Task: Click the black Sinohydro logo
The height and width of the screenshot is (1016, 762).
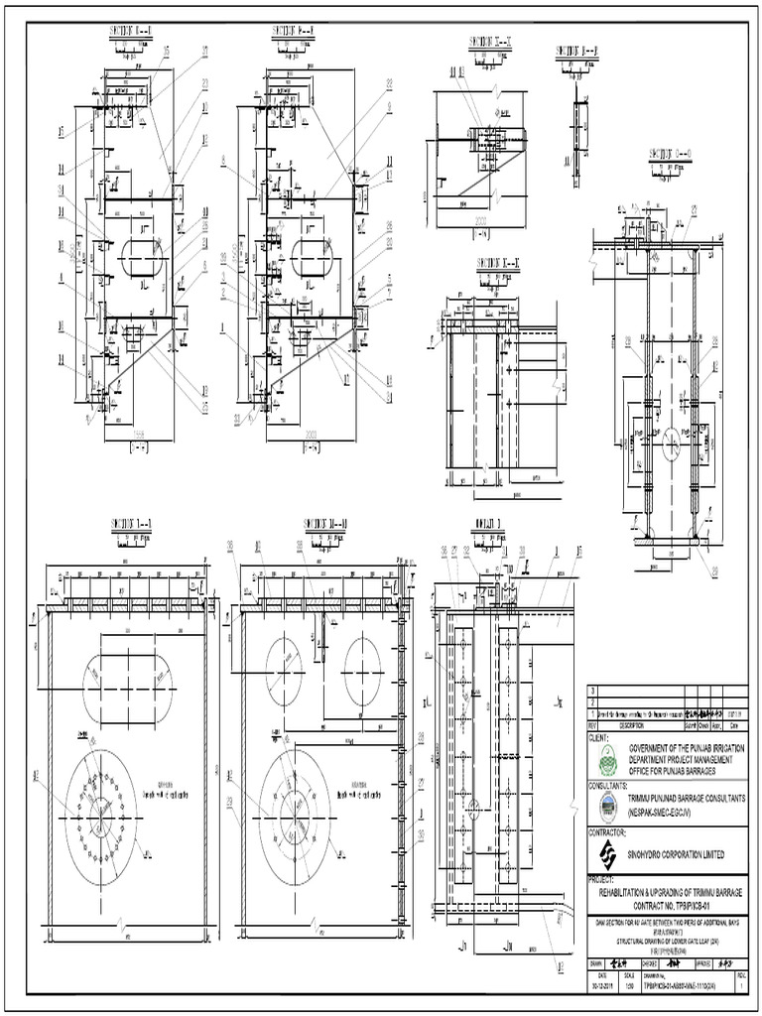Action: tap(605, 854)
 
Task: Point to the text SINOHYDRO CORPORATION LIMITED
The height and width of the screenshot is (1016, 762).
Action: tap(676, 855)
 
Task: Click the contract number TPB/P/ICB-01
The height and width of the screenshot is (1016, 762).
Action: tap(667, 907)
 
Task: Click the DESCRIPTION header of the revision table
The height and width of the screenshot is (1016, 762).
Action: tap(631, 724)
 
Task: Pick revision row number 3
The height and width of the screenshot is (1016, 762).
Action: tap(593, 691)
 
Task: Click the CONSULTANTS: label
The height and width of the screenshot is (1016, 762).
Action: tap(612, 784)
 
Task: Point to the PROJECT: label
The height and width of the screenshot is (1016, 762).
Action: tap(603, 879)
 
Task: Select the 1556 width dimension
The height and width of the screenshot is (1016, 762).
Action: tap(139, 433)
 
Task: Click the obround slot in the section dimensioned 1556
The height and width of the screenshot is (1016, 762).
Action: tap(140, 255)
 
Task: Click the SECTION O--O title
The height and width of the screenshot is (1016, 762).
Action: tap(671, 154)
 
